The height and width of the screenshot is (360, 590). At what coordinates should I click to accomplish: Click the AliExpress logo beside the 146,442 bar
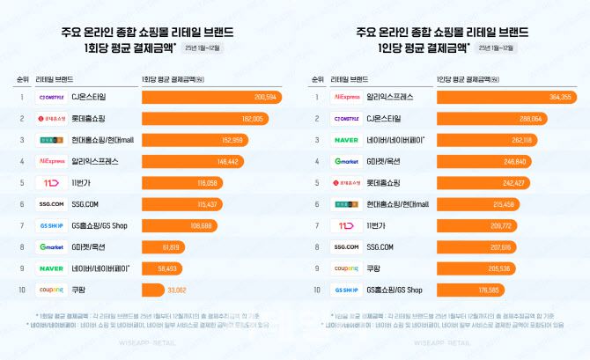click(x=52, y=161)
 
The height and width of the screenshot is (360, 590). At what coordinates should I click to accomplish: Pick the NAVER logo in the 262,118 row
click(x=346, y=140)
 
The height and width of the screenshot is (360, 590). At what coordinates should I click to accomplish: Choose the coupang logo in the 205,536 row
click(x=346, y=268)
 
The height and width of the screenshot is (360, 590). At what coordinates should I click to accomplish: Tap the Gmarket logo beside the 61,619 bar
click(x=52, y=246)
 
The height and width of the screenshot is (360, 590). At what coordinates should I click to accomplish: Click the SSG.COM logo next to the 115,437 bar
click(x=52, y=203)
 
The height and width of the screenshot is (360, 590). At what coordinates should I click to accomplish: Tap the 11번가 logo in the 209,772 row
click(x=346, y=225)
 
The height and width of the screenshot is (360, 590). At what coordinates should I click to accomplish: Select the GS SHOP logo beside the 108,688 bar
click(x=52, y=225)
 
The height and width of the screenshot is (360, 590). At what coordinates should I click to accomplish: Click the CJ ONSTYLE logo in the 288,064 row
click(x=346, y=118)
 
